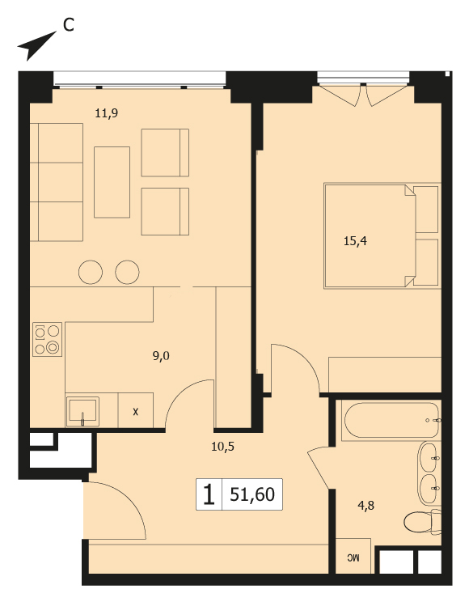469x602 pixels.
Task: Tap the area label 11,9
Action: (106, 113)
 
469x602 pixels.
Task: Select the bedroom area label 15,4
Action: (355, 241)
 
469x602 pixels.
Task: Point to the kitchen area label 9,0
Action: (161, 356)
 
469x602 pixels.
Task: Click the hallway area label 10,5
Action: (222, 447)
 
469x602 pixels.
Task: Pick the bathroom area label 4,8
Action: (365, 506)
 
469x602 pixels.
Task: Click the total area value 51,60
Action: (252, 494)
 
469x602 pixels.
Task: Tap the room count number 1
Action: (209, 494)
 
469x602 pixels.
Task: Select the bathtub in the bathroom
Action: (391, 420)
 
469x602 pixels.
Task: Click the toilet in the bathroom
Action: (423, 521)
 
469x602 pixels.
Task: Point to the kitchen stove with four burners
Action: (47, 339)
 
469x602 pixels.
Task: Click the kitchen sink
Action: (82, 412)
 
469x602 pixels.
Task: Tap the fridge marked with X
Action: (136, 410)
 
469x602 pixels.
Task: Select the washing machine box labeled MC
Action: (353, 557)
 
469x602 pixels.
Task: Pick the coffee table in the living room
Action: (112, 182)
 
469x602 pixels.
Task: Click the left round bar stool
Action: (91, 272)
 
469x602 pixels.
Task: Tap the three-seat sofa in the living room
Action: (57, 182)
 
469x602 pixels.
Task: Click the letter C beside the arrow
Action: (68, 25)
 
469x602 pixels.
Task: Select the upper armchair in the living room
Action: (165, 153)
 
